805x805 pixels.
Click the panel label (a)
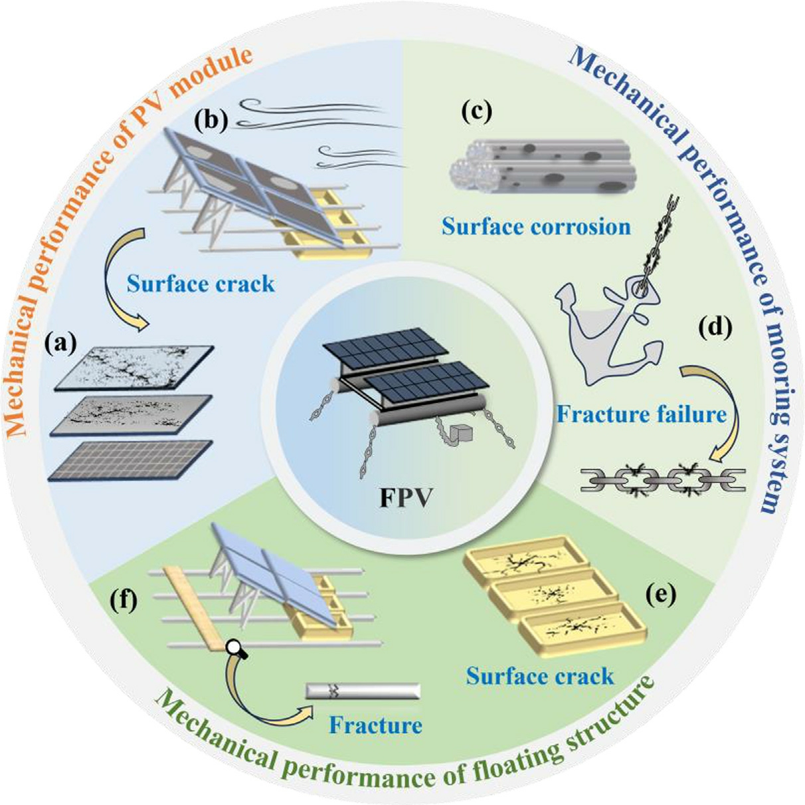[60, 345]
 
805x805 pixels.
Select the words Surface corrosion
[536, 227]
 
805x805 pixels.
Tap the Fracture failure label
[641, 414]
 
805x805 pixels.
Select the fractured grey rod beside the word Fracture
[363, 691]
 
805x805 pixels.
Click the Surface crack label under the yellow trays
[539, 676]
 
